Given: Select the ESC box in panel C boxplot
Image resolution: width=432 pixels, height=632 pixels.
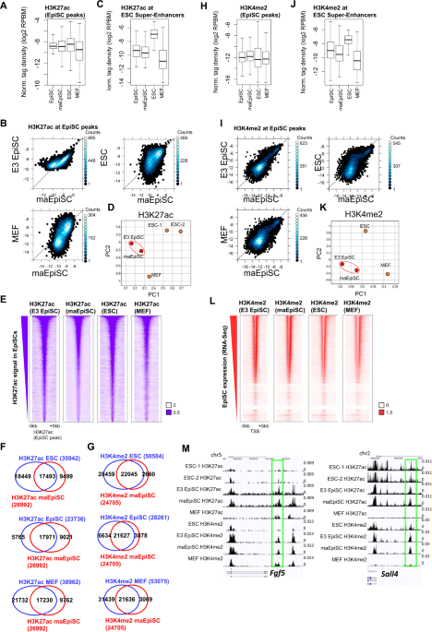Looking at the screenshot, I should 152,35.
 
